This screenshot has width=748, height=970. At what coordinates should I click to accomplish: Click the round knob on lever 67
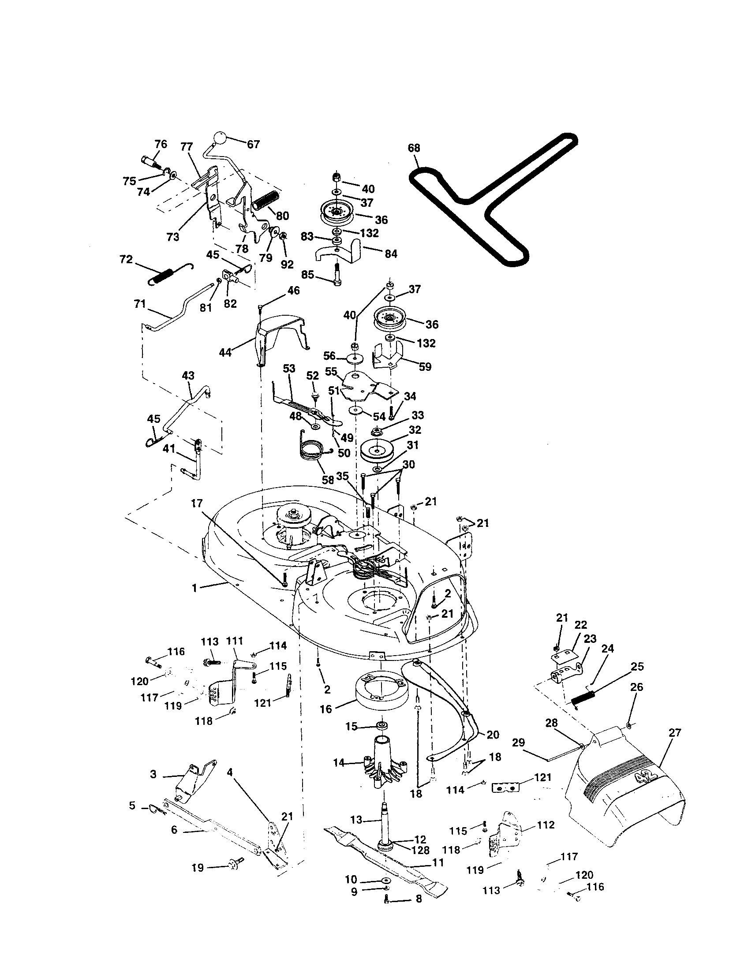click(x=220, y=138)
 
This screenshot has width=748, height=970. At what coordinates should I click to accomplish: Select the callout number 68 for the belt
click(x=414, y=148)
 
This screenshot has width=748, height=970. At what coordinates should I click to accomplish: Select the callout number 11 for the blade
click(x=438, y=862)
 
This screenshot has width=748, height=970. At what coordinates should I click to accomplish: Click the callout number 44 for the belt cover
click(x=226, y=353)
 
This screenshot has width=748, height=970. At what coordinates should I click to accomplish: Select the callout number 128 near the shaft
click(x=420, y=850)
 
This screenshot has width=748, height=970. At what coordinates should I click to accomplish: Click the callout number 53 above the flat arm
click(x=289, y=368)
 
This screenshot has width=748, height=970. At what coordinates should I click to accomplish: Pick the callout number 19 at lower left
click(x=198, y=880)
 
